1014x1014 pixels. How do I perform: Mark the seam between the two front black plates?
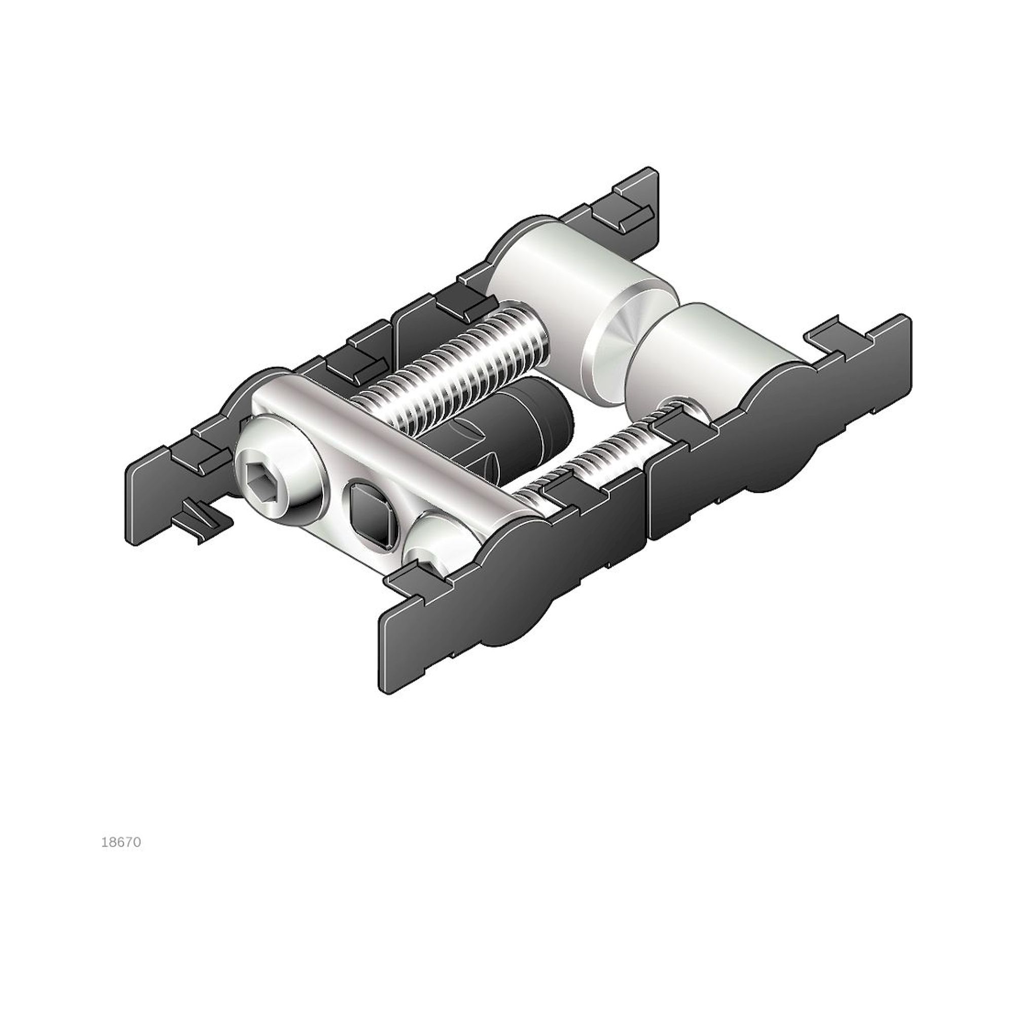tap(646, 504)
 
